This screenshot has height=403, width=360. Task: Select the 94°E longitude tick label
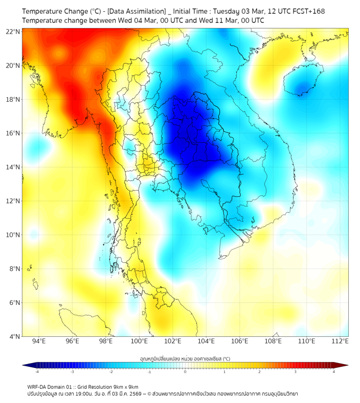click(39, 341)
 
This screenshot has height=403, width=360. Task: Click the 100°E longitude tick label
click(140, 341)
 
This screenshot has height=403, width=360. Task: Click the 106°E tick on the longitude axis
click(240, 341)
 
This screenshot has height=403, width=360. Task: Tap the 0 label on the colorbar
click(185, 372)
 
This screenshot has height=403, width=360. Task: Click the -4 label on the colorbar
click(36, 372)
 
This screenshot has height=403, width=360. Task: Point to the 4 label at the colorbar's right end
click(334, 372)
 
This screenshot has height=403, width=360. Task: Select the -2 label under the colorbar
click(111, 372)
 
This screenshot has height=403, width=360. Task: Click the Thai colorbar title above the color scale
click(185, 358)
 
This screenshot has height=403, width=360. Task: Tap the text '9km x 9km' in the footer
click(125, 386)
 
